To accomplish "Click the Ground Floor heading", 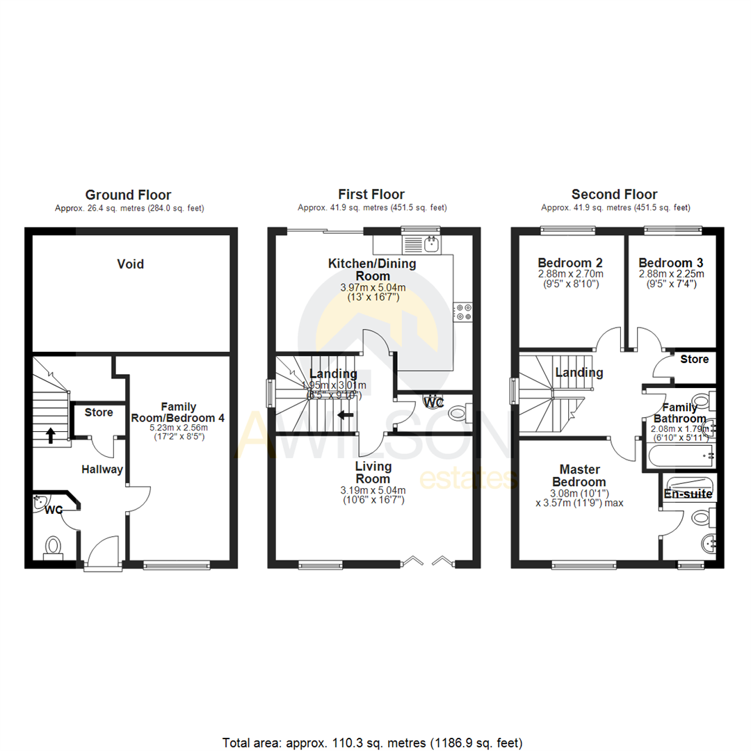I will (128, 195).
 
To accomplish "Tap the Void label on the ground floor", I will (130, 264).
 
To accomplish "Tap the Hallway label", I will (102, 469).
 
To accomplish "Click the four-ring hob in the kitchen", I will (462, 312).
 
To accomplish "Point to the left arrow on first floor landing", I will (345, 415).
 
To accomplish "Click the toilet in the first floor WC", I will (457, 414).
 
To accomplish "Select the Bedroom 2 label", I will (570, 264).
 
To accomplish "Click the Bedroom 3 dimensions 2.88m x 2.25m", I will (670, 274).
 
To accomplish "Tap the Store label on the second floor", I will (694, 359).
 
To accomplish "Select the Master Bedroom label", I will (579, 476).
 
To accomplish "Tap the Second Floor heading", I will (614, 195).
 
